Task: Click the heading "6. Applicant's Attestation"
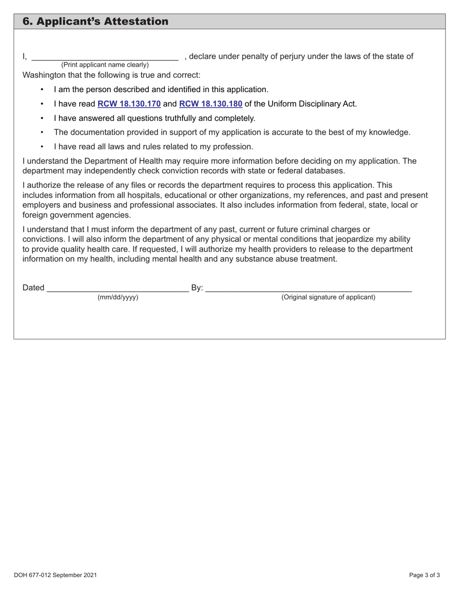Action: [x=96, y=22]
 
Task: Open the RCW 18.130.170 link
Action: [x=129, y=104]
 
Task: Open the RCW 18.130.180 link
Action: [x=211, y=104]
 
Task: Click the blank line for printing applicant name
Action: [x=105, y=57]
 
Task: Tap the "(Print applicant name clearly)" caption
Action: [x=105, y=65]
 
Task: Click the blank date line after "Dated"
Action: [x=118, y=289]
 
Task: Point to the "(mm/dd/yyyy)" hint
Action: [x=118, y=297]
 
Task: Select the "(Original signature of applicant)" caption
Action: [x=328, y=297]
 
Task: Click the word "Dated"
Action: [x=33, y=288]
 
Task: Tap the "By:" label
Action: [x=197, y=288]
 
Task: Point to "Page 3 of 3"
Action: [x=424, y=575]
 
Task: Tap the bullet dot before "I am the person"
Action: [x=43, y=90]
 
